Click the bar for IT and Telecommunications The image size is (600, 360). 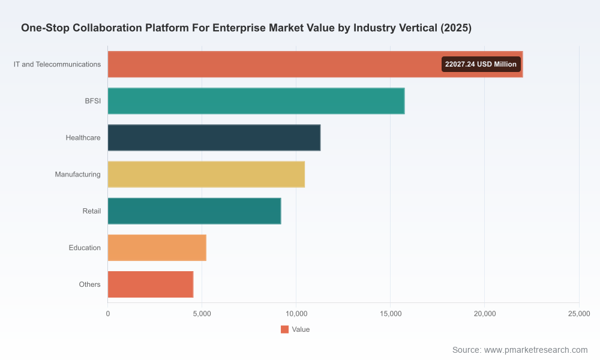coord(316,64)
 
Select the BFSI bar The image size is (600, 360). coord(256,101)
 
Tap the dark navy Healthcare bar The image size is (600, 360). coord(214,138)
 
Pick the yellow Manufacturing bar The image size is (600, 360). coord(206,175)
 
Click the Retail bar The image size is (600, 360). coord(194,211)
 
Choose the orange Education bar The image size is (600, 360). coord(157,248)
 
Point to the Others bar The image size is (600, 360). coord(151,284)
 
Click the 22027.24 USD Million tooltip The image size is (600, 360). coord(481,64)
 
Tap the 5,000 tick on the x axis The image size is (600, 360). coord(202,314)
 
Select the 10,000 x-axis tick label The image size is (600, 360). coord(296,314)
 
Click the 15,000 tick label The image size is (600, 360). coord(391,314)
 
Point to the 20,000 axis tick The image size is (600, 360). coord(485,314)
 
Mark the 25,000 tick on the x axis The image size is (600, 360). coord(579,314)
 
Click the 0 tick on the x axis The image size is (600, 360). coord(108,314)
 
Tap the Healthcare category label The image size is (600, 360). coord(83,138)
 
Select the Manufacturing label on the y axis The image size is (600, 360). coord(77,175)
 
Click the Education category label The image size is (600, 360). coord(85,248)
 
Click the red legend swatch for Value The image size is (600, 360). coord(284,329)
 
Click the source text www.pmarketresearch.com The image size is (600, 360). coord(536,350)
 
